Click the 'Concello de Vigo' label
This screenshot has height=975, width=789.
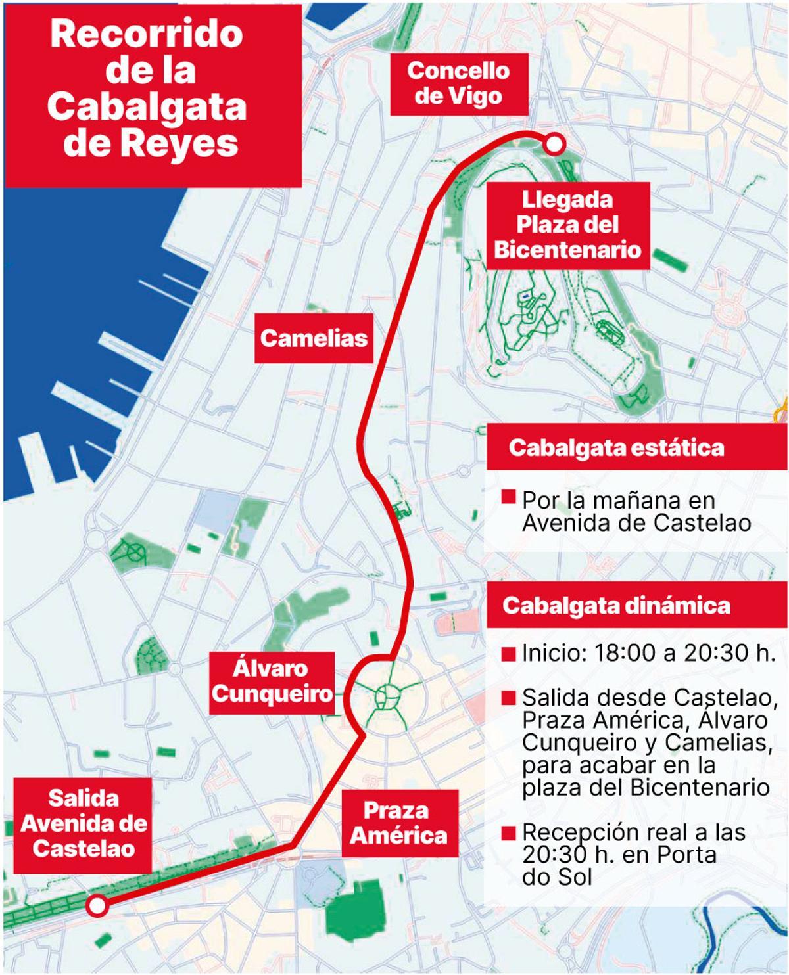click(x=458, y=83)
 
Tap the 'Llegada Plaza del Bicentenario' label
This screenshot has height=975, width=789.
click(x=567, y=225)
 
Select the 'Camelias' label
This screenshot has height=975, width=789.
click(x=314, y=338)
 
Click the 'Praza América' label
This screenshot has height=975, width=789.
click(x=398, y=823)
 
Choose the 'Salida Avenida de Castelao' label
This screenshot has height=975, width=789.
click(x=84, y=824)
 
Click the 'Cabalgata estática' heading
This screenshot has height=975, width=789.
click(x=616, y=448)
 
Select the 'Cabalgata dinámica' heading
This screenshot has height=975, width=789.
click(x=616, y=605)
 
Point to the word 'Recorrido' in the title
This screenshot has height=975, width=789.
click(x=147, y=34)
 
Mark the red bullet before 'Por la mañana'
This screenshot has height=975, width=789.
click(x=508, y=497)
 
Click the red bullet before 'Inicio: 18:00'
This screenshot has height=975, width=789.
click(x=508, y=654)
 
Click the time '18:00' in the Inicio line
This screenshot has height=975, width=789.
click(x=623, y=654)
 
